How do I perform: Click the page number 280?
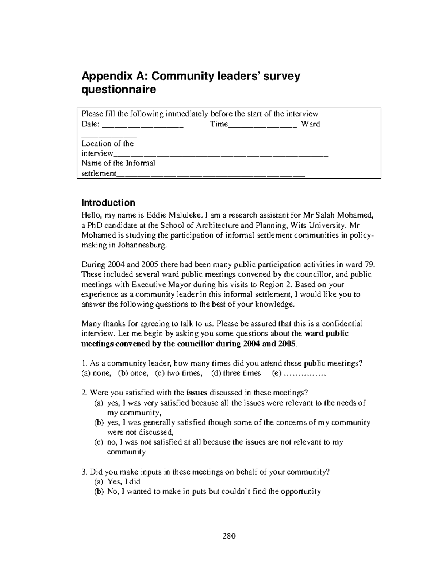[x=229, y=536]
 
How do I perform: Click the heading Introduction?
[x=108, y=203]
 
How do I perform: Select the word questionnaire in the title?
[x=118, y=90]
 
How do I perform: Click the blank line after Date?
[x=143, y=125]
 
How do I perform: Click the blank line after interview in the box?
[x=221, y=155]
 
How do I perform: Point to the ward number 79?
[x=367, y=265]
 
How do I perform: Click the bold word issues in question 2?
[x=197, y=393]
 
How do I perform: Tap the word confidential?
[x=342, y=324]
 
